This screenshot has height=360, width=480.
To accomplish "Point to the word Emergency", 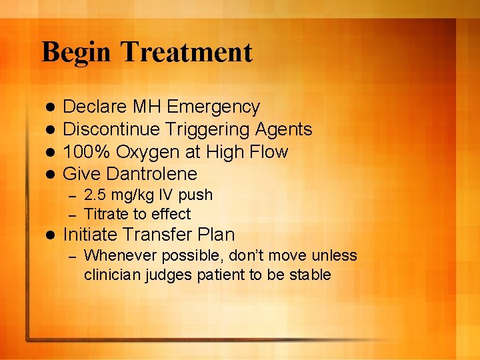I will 213,107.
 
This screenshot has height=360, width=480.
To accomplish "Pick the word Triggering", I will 202,129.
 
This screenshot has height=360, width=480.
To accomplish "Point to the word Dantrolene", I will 152,174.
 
